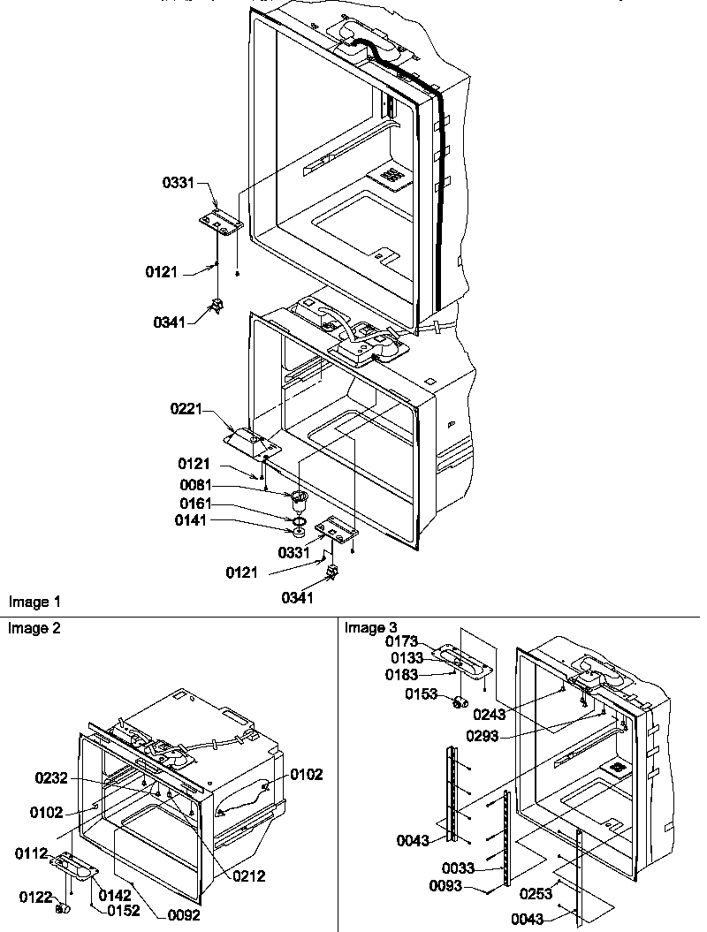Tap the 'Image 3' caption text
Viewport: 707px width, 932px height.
pos(365,628)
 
